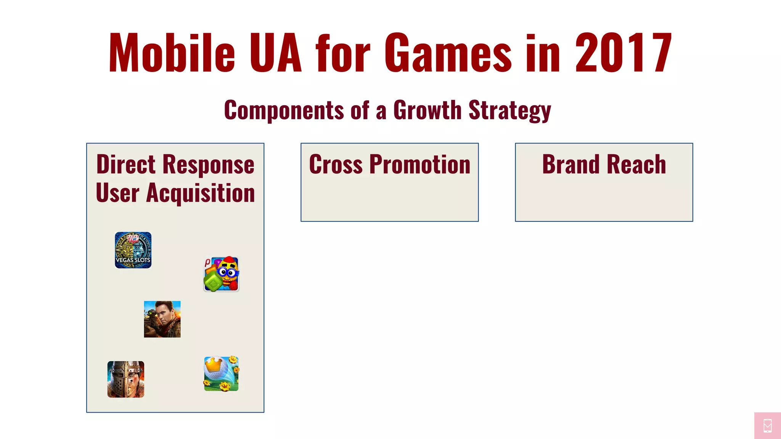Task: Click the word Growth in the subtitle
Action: point(427,110)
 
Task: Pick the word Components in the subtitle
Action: point(284,110)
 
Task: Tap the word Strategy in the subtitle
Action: point(509,111)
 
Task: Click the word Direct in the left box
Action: point(126,165)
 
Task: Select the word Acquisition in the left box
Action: point(201,193)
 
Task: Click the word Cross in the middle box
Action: point(336,165)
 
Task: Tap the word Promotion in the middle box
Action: point(420,165)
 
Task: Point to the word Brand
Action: point(571,165)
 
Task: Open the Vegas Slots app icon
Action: point(133,250)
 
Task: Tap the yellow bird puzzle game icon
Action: point(222,274)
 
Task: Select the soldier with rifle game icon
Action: point(162,319)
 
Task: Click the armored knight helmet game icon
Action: point(126,379)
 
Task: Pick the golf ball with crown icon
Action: point(221,373)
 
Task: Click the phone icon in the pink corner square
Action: point(768,426)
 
